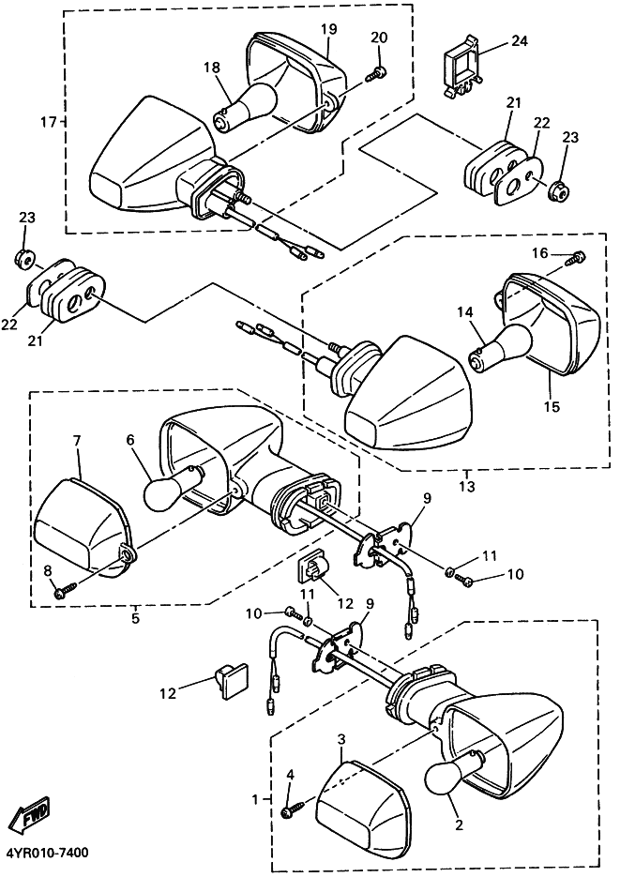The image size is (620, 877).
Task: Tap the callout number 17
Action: (x=49, y=122)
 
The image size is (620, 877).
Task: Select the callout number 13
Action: (x=467, y=486)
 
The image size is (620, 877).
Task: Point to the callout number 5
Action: (x=136, y=618)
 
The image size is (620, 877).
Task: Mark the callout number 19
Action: (x=327, y=29)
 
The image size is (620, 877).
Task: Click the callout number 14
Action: (x=463, y=312)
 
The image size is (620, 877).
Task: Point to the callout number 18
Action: (x=211, y=67)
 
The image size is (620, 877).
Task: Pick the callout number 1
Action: (x=254, y=799)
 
